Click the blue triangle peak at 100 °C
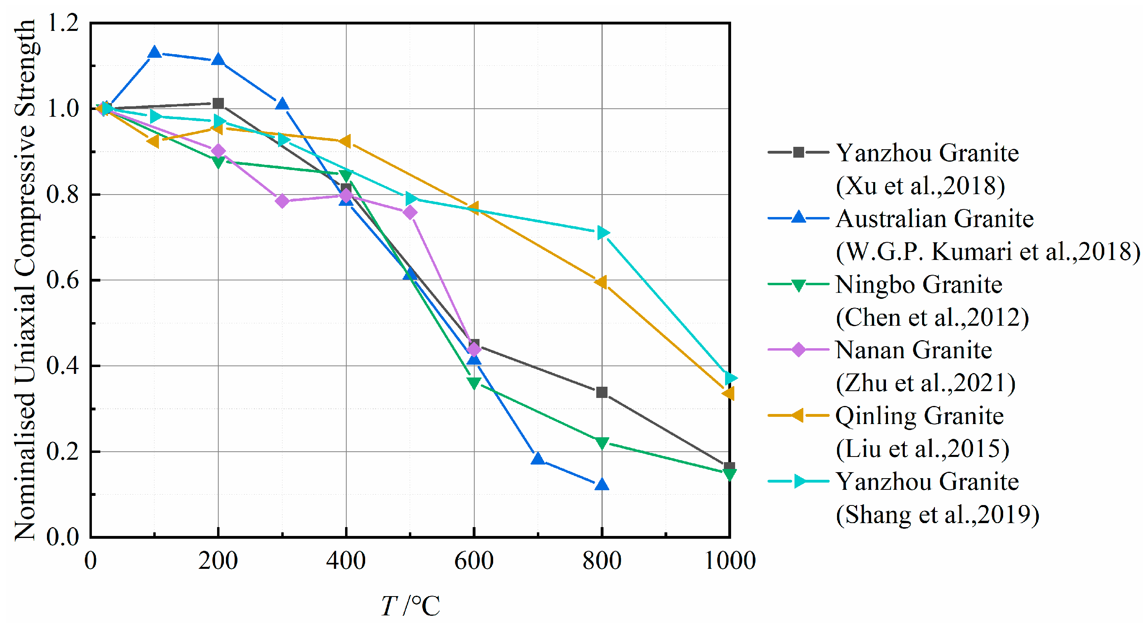(x=154, y=53)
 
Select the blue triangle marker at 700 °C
(x=538, y=459)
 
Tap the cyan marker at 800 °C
(x=602, y=232)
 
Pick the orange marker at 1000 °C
(x=729, y=393)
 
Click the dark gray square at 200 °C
(x=218, y=103)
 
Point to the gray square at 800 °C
(x=601, y=392)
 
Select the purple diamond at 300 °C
(x=282, y=201)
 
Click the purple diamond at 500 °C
(x=410, y=213)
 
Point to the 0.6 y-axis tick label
(x=63, y=280)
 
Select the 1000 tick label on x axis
(x=730, y=560)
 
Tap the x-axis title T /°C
(x=410, y=605)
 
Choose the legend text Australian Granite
(x=934, y=219)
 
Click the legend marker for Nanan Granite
(x=799, y=350)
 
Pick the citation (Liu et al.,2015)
(x=922, y=448)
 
